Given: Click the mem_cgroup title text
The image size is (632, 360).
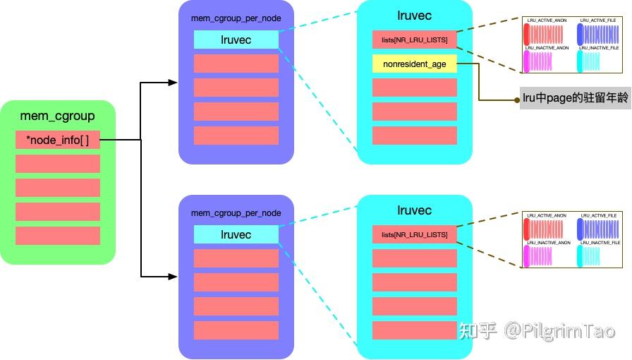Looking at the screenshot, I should pyautogui.click(x=57, y=116).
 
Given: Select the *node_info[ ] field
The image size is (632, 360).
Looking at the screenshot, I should pyautogui.click(x=57, y=140).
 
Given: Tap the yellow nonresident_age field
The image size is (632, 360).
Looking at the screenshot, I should pyautogui.click(x=414, y=64).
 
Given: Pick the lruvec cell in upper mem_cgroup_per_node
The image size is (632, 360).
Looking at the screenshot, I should pyautogui.click(x=236, y=40).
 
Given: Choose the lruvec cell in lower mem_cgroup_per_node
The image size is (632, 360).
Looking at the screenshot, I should pyautogui.click(x=236, y=234).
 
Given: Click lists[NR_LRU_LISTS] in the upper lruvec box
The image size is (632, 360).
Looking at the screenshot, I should pyautogui.click(x=414, y=40).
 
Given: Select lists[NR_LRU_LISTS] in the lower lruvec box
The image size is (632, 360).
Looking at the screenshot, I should pyautogui.click(x=414, y=234).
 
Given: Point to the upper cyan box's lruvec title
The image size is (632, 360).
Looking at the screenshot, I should pyautogui.click(x=414, y=15).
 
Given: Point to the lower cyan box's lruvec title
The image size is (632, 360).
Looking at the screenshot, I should pyautogui.click(x=414, y=210).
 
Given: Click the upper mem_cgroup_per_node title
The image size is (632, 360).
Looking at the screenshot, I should pyautogui.click(x=236, y=18).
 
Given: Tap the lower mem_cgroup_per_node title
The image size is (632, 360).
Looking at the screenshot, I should pyautogui.click(x=236, y=212).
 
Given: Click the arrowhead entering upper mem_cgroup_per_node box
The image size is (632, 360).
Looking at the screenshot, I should pyautogui.click(x=173, y=83).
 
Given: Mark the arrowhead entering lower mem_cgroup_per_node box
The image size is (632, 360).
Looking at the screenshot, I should pyautogui.click(x=173, y=276).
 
